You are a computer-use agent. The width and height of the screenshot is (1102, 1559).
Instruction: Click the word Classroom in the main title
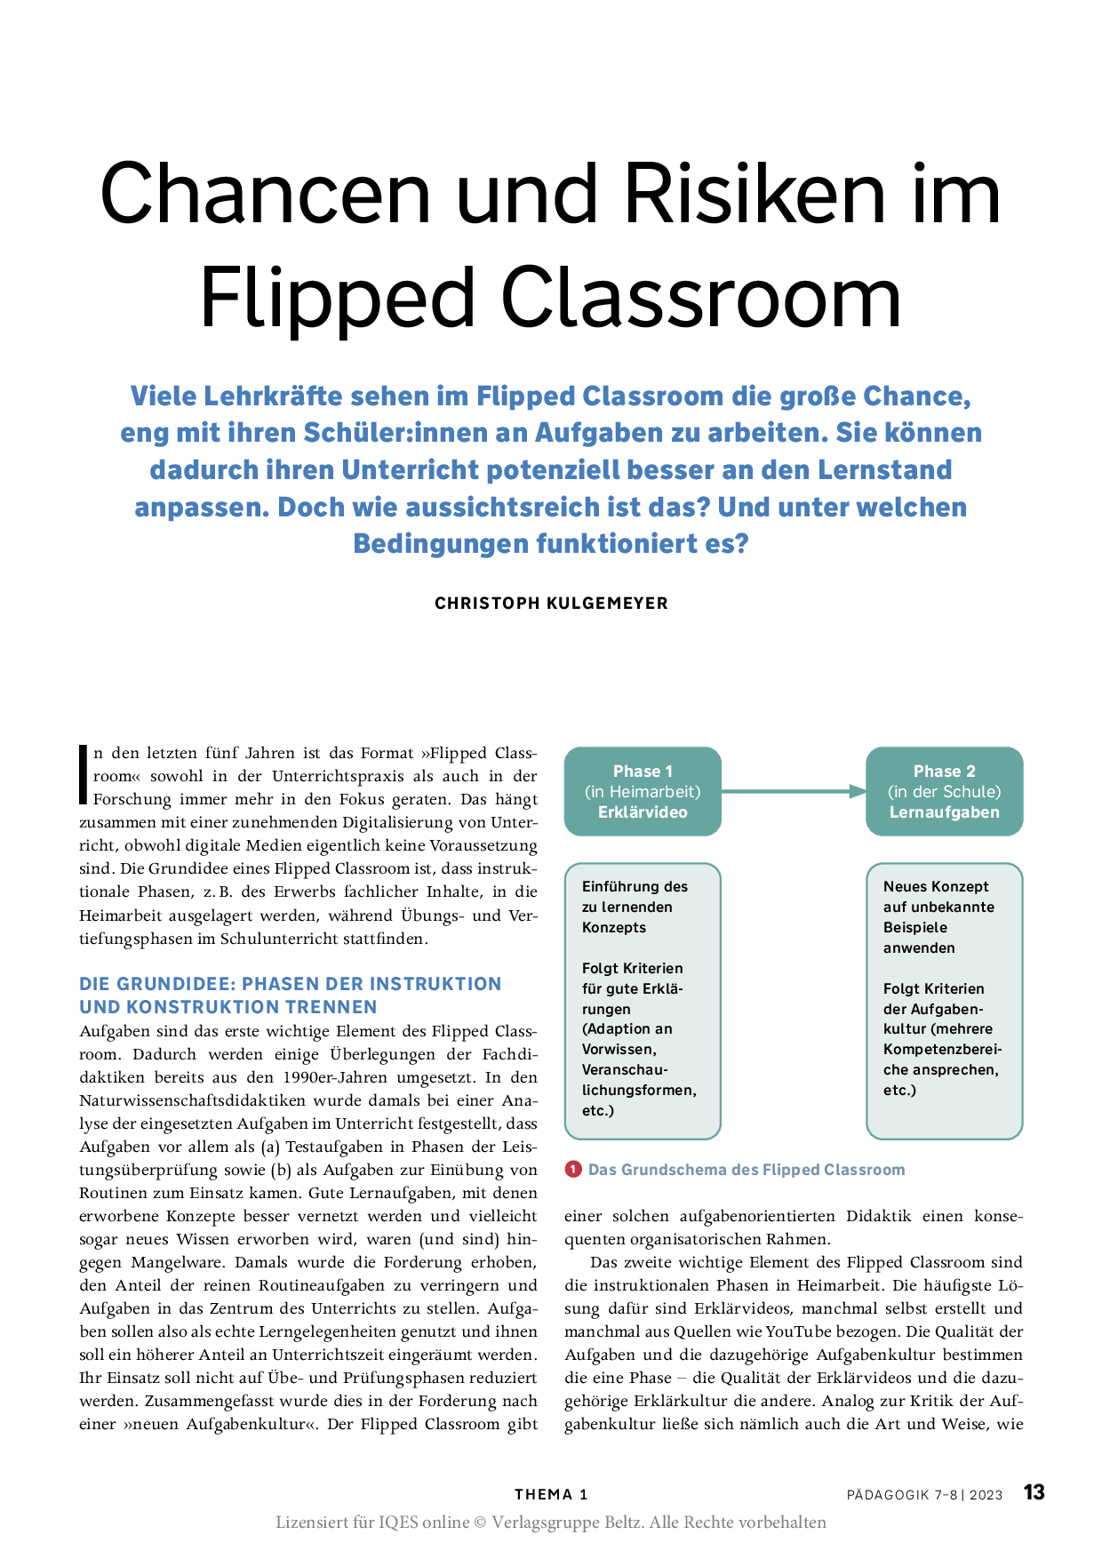pyautogui.click(x=700, y=299)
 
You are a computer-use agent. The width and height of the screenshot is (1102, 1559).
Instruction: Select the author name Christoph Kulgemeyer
pyautogui.click(x=551, y=604)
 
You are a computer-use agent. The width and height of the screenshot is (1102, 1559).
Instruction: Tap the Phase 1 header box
pyautogui.click(x=643, y=791)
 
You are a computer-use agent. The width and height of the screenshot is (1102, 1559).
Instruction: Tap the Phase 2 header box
pyautogui.click(x=944, y=791)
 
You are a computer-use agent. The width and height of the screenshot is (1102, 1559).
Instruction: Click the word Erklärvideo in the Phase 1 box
pyautogui.click(x=643, y=812)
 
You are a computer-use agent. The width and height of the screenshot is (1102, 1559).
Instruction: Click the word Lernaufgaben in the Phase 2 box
pyautogui.click(x=944, y=812)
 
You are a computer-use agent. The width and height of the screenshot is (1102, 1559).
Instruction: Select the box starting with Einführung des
pyautogui.click(x=643, y=1001)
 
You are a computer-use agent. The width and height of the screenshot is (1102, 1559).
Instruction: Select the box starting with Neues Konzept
pyautogui.click(x=944, y=1001)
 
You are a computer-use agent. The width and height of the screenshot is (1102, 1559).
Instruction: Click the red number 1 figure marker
pyautogui.click(x=573, y=1170)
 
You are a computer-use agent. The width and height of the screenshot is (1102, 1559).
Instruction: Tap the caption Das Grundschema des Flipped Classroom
pyautogui.click(x=747, y=1170)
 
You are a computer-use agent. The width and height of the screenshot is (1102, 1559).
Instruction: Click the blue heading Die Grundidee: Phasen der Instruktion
pyautogui.click(x=291, y=984)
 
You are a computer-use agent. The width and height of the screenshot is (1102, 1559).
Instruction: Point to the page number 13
pyautogui.click(x=1034, y=1492)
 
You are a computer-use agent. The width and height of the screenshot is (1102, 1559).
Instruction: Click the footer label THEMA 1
pyautogui.click(x=551, y=1495)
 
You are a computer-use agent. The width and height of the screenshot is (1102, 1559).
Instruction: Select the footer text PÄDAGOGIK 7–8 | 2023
pyautogui.click(x=924, y=1495)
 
